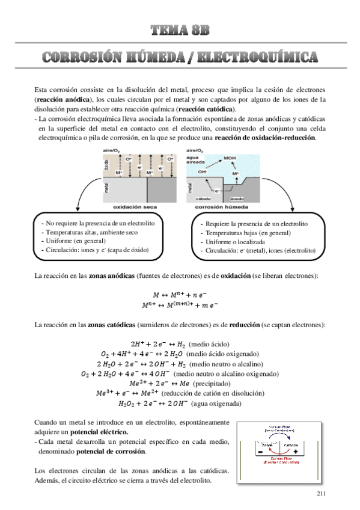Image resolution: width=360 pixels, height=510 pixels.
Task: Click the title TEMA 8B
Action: [x=180, y=30]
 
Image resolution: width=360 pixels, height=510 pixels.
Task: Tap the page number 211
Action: [x=320, y=493]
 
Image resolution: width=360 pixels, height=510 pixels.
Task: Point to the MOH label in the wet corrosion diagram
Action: [x=230, y=159]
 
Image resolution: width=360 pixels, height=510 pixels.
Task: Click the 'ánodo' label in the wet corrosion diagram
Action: [x=237, y=196]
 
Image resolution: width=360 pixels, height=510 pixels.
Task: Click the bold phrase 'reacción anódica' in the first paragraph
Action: [x=64, y=99]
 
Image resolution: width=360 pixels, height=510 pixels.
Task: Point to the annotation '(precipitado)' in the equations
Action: [x=214, y=384]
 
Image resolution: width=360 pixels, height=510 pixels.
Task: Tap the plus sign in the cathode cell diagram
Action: [x=296, y=451]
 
